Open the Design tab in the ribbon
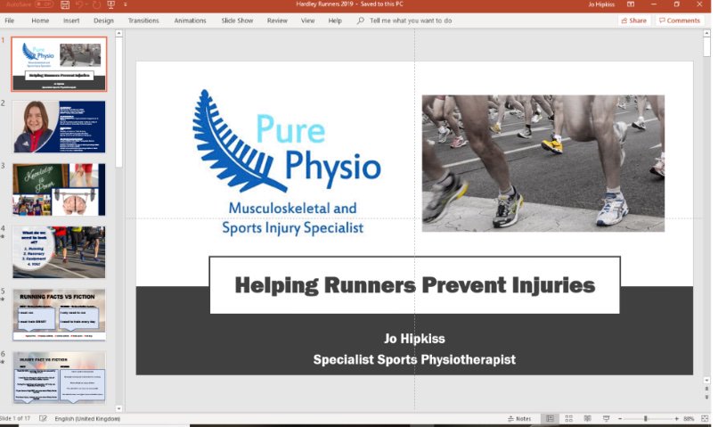pyautogui.click(x=103, y=20)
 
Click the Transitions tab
pyautogui.click(x=143, y=20)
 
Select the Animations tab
pyautogui.click(x=190, y=20)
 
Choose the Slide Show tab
pyautogui.click(x=237, y=20)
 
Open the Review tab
pyautogui.click(x=277, y=20)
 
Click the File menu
pyautogui.click(x=10, y=20)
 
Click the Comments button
pyautogui.click(x=680, y=20)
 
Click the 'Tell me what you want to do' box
pyautogui.click(x=410, y=20)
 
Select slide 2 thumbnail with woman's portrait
pyautogui.click(x=59, y=127)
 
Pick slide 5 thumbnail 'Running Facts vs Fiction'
pyautogui.click(x=59, y=314)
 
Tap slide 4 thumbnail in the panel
pyautogui.click(x=59, y=252)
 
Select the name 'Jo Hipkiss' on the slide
pyautogui.click(x=414, y=339)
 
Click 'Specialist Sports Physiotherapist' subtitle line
pyautogui.click(x=414, y=359)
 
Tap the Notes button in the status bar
pyautogui.click(x=519, y=419)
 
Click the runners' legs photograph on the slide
pyautogui.click(x=543, y=162)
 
